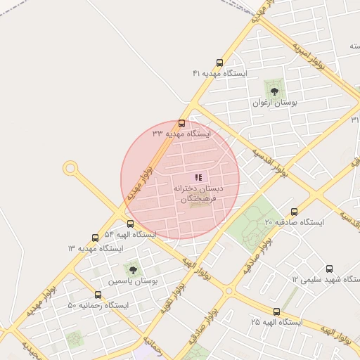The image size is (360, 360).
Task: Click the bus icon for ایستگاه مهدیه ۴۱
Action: pyautogui.click(x=220, y=63)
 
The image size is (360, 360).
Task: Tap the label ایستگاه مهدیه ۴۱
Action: pyautogui.click(x=220, y=73)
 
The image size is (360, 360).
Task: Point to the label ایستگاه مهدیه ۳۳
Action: pyautogui.click(x=181, y=133)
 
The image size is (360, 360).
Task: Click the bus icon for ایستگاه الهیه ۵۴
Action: pyautogui.click(x=131, y=224)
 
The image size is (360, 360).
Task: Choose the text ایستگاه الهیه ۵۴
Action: pyautogui.click(x=130, y=233)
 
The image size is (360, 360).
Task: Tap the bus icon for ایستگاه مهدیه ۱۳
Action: pyautogui.click(x=96, y=238)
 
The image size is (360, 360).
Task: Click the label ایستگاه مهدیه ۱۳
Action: pyautogui.click(x=95, y=248)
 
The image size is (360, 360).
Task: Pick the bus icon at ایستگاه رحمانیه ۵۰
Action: pyautogui.click(x=98, y=295)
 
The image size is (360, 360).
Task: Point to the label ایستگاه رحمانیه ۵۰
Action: pyautogui.click(x=98, y=305)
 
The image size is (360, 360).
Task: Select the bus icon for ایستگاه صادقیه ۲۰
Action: pyautogui.click(x=294, y=212)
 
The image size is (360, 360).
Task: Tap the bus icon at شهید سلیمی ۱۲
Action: pyautogui.click(x=329, y=269)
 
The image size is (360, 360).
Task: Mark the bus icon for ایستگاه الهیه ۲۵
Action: pyautogui.click(x=276, y=311)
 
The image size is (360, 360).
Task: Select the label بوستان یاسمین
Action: pyautogui.click(x=133, y=280)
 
